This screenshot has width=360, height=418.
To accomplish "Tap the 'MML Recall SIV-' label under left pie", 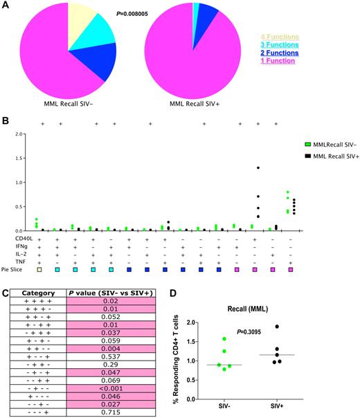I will [68, 104].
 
